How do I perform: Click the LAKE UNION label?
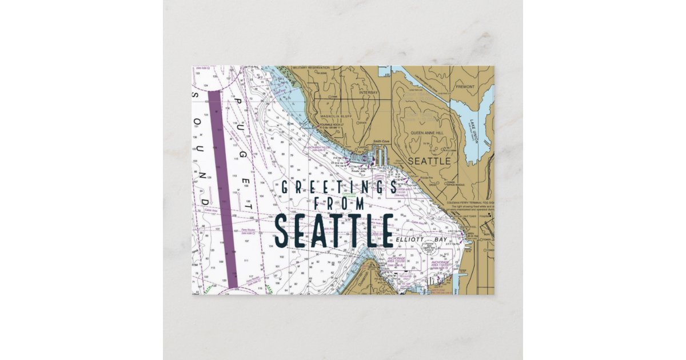473,131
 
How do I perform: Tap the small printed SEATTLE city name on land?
428,161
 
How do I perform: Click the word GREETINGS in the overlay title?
337,187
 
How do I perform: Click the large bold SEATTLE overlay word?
334,230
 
